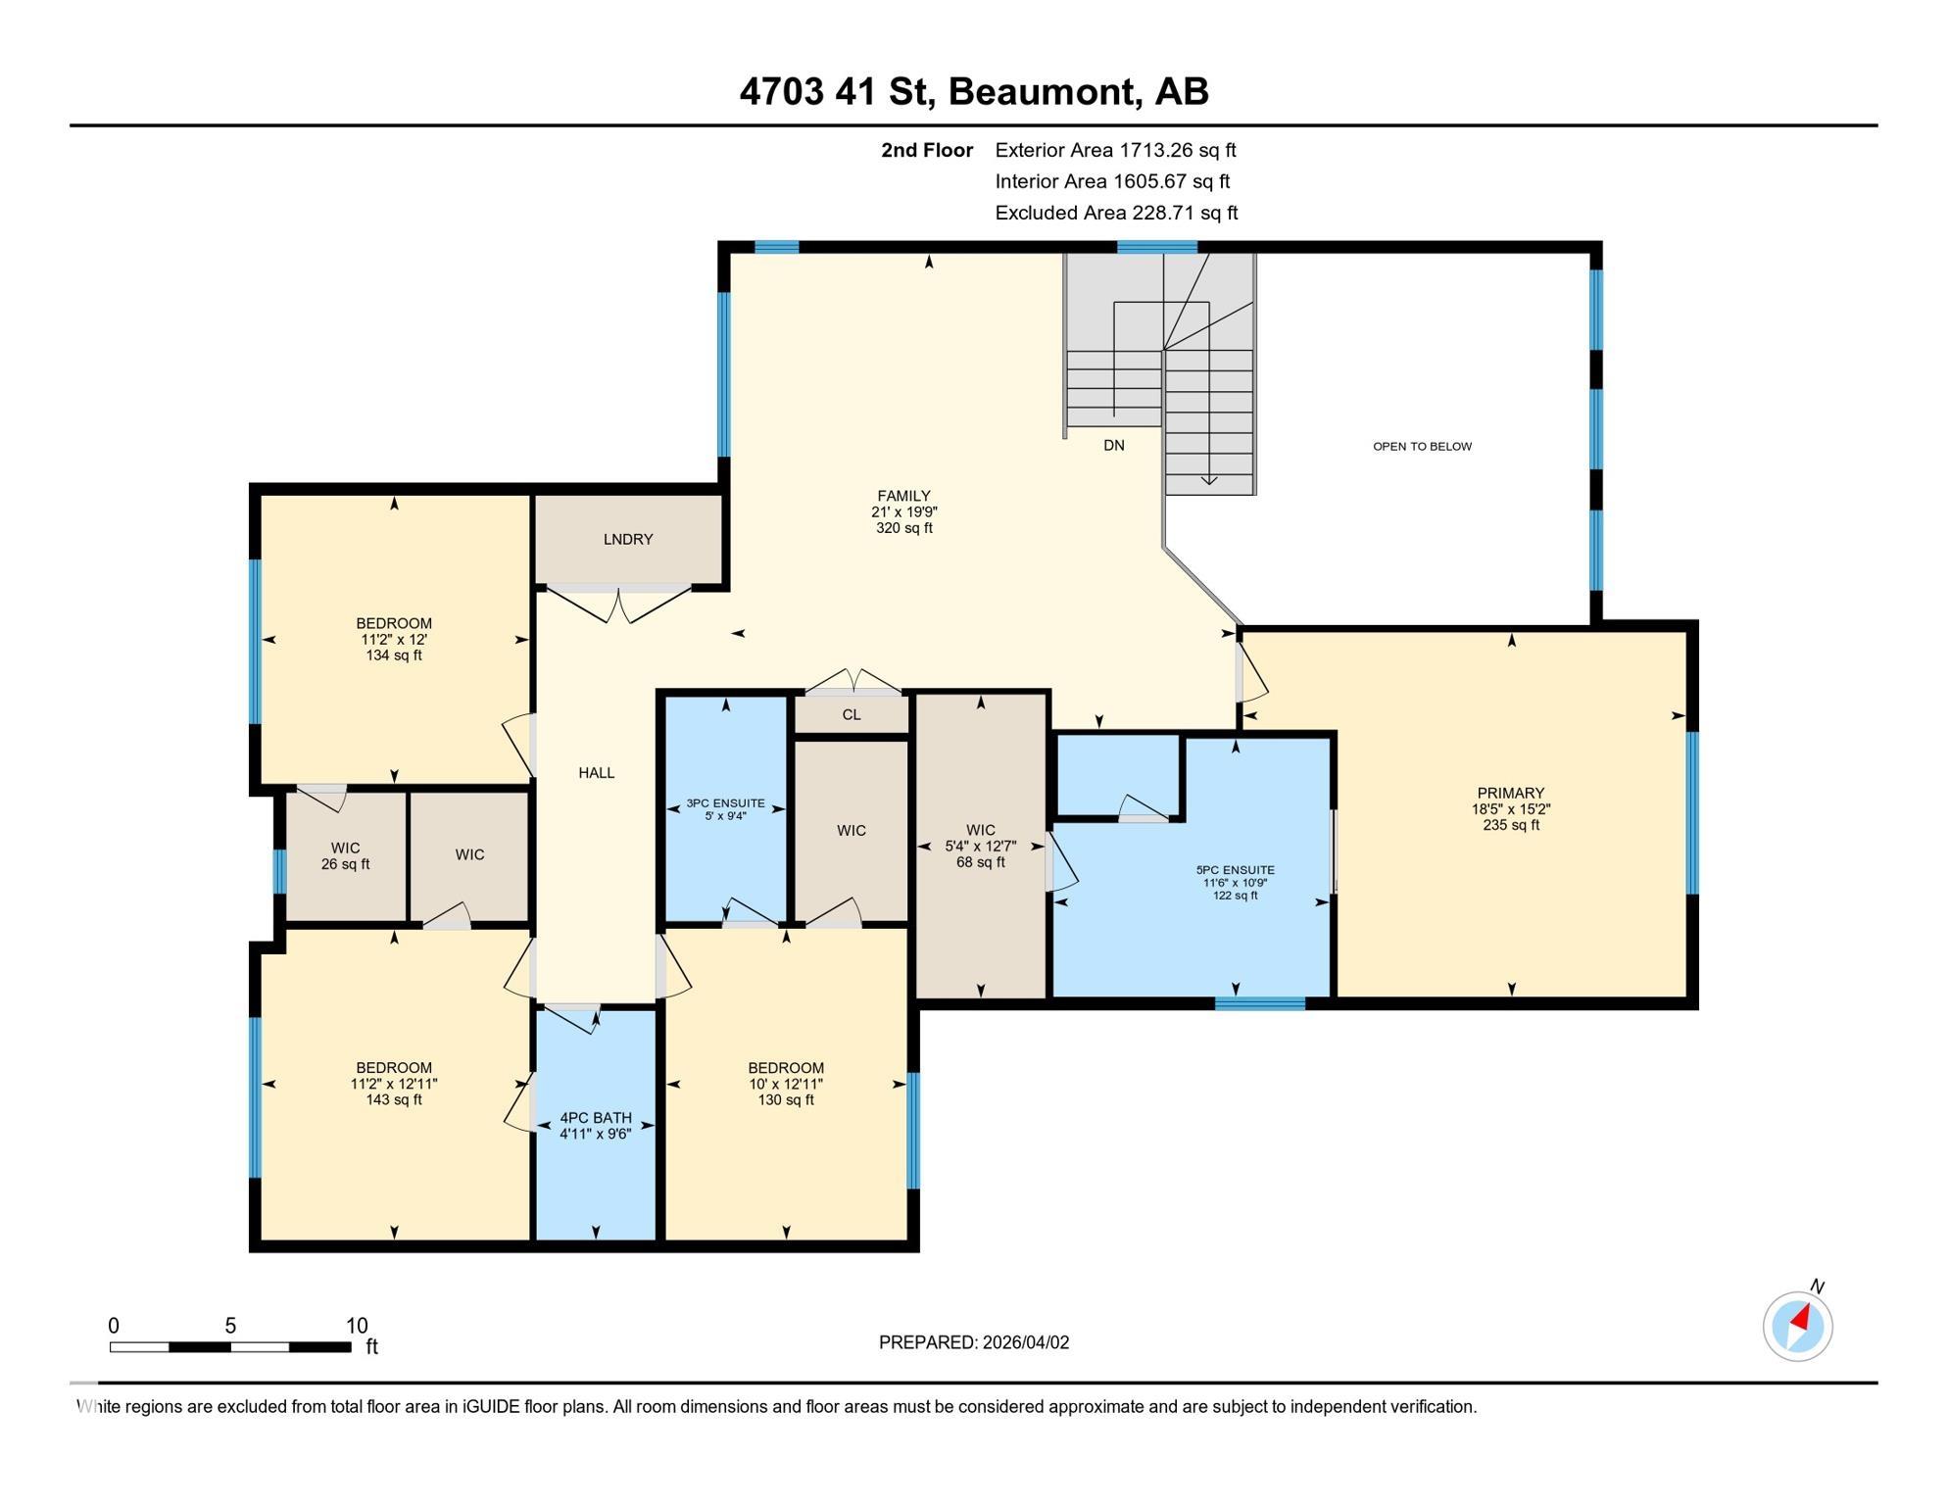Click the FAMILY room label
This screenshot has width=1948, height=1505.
(903, 497)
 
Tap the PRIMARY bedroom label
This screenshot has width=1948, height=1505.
(1510, 794)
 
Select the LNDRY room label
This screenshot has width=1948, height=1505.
(628, 540)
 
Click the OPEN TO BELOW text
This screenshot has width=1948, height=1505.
(1422, 447)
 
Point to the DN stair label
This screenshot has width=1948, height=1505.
(1113, 446)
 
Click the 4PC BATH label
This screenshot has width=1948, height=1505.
(596, 1118)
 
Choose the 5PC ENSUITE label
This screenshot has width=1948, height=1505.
(1235, 870)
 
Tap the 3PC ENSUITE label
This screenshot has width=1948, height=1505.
(725, 803)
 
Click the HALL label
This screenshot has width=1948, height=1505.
(596, 773)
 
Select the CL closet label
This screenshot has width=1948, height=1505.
(851, 715)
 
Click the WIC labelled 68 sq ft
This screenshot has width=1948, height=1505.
(980, 846)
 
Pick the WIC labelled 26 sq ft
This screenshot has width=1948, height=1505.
(345, 855)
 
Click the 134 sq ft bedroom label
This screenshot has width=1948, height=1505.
(393, 639)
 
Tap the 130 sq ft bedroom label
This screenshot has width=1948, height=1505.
(785, 1084)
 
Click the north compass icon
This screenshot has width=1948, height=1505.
(1797, 1326)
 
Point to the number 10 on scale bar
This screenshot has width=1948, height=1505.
(357, 1326)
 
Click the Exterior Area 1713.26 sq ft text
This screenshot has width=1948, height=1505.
(1115, 150)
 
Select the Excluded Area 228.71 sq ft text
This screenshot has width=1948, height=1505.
(1116, 213)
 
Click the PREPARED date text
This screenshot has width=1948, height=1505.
(973, 1342)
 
